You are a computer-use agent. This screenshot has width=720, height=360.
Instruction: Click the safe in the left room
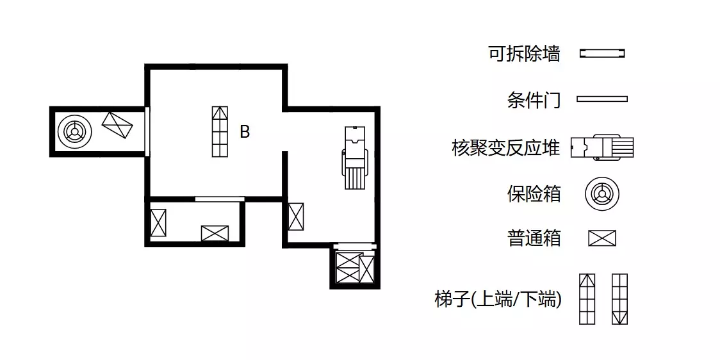click(74, 132)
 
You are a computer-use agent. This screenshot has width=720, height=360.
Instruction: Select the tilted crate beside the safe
click(117, 126)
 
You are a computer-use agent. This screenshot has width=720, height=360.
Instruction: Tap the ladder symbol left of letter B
click(220, 131)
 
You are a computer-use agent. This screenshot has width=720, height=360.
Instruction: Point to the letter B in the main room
click(245, 132)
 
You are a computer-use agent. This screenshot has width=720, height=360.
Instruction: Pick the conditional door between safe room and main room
click(147, 131)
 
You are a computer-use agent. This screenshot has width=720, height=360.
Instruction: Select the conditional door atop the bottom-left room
click(220, 199)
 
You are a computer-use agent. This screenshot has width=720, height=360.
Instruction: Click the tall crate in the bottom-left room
click(158, 223)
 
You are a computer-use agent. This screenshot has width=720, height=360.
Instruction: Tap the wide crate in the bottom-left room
click(215, 233)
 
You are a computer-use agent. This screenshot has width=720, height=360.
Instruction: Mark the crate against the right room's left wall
click(296, 217)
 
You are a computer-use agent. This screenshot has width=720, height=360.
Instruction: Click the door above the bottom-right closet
click(355, 247)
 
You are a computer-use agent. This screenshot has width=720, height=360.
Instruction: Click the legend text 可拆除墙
click(525, 54)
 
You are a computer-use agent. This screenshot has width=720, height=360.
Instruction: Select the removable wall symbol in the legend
click(602, 54)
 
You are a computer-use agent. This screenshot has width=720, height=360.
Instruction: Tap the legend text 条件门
click(534, 99)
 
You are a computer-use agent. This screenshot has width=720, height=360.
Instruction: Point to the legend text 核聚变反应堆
click(506, 149)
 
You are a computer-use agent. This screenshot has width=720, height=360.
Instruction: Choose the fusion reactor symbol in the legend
click(602, 147)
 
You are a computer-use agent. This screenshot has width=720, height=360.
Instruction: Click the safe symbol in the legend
click(602, 194)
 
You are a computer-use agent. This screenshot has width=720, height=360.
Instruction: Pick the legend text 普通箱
click(534, 239)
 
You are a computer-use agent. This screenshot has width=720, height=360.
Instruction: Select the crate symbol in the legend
click(602, 238)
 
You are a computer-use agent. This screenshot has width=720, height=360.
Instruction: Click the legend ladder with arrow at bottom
click(620, 299)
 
